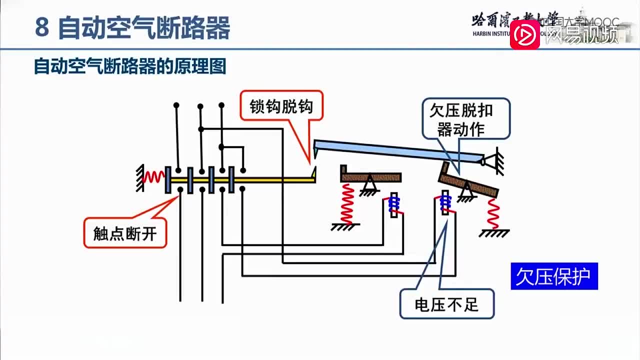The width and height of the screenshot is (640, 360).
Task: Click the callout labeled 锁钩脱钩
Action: (x=281, y=105)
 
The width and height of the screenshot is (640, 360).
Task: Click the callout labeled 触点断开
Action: (x=124, y=233)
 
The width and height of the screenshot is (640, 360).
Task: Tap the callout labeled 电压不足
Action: (x=446, y=304)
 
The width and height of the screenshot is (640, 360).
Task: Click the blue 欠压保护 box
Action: (x=554, y=276)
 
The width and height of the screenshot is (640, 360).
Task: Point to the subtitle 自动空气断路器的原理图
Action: (x=130, y=66)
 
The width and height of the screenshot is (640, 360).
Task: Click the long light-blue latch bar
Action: (x=400, y=151)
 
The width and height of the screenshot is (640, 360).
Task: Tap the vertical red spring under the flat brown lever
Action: (x=346, y=203)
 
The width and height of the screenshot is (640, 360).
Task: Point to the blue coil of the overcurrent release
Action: (x=394, y=204)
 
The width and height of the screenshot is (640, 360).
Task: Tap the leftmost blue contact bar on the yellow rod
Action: (x=168, y=180)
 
